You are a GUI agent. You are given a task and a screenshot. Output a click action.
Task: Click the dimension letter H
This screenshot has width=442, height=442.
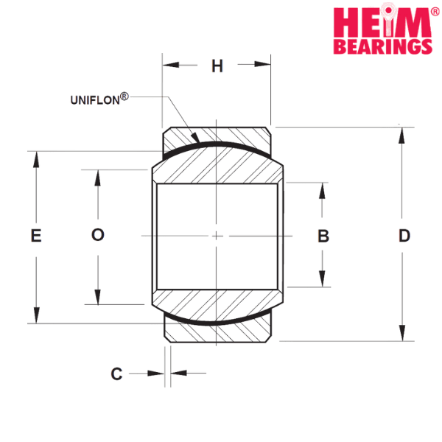point(217,66)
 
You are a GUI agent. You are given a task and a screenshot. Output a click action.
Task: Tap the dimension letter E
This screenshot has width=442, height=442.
point(36,236)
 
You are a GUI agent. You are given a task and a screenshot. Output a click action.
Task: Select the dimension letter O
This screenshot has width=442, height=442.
point(98,234)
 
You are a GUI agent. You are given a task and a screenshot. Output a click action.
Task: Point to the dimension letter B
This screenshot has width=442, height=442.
point(323,236)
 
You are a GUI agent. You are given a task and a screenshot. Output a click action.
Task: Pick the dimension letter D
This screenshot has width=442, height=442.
point(404,236)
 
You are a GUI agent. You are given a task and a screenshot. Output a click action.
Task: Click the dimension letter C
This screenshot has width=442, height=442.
point(116,373)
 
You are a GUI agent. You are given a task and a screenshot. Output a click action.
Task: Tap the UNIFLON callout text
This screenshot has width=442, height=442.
point(95,100)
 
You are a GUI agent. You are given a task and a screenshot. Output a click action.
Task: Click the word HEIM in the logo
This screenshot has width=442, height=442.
point(382,21)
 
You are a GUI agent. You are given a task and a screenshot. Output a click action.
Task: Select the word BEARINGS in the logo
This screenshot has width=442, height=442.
point(383,46)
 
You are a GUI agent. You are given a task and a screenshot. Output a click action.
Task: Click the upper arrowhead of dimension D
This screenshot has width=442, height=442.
point(401,136)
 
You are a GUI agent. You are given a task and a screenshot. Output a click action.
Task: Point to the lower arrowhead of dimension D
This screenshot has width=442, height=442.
point(402,333)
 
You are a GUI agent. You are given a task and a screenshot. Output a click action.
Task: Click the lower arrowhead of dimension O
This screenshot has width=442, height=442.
point(97,297)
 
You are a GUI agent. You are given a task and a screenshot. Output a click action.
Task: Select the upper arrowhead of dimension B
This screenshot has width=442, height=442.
point(322,191)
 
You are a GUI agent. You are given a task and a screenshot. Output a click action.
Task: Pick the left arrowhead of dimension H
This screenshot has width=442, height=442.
point(171,65)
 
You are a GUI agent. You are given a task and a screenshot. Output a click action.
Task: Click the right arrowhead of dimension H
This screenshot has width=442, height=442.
point(262,64)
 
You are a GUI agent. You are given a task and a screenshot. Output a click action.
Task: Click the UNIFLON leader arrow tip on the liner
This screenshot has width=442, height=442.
point(199,142)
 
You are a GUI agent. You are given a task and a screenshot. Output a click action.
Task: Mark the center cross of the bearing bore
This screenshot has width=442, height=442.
point(216,236)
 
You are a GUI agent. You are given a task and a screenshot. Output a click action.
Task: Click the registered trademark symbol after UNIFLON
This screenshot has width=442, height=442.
point(124,97)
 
